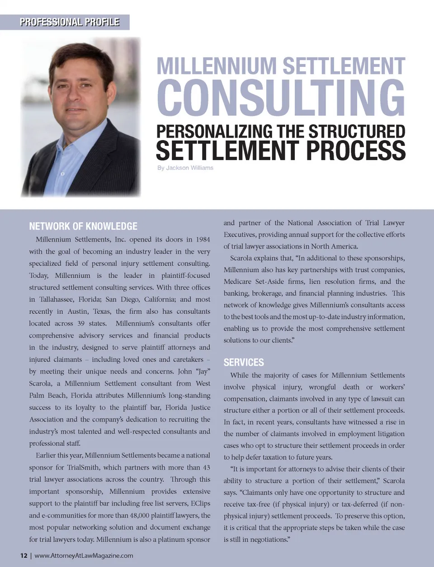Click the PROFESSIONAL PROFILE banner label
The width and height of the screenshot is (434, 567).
[69, 22]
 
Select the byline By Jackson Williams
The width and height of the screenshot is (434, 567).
[185, 168]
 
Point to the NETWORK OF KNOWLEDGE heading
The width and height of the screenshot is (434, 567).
[83, 226]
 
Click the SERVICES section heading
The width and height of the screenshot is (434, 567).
[244, 362]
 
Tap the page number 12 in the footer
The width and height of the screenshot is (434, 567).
[24, 555]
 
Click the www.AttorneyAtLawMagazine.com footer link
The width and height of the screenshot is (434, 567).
[84, 555]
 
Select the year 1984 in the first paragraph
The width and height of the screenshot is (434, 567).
[203, 239]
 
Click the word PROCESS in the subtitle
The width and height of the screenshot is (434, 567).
[356, 150]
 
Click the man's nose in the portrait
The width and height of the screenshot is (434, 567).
[78, 98]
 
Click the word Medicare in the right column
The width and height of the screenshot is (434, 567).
[238, 281]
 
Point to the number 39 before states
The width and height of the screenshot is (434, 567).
[81, 323]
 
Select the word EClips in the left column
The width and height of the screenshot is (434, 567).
[200, 503]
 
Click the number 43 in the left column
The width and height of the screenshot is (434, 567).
[206, 467]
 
